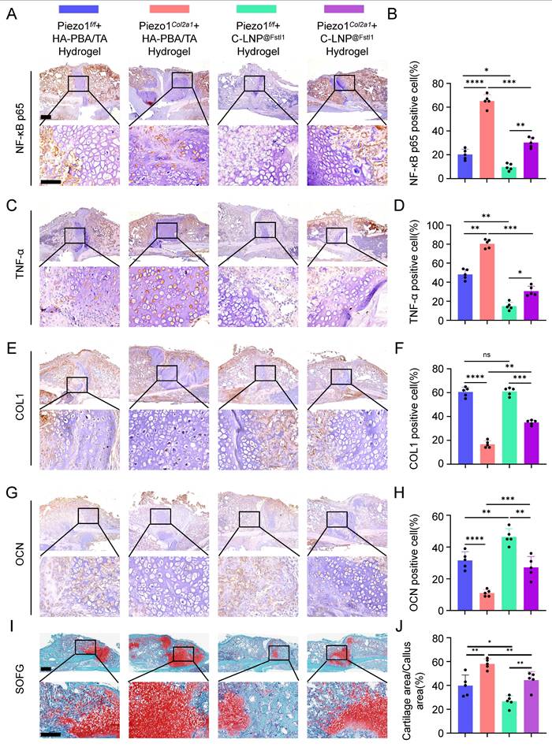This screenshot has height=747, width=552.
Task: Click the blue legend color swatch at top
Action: click(x=79, y=8)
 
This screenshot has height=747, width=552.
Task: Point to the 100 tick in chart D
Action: click(x=446, y=225)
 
